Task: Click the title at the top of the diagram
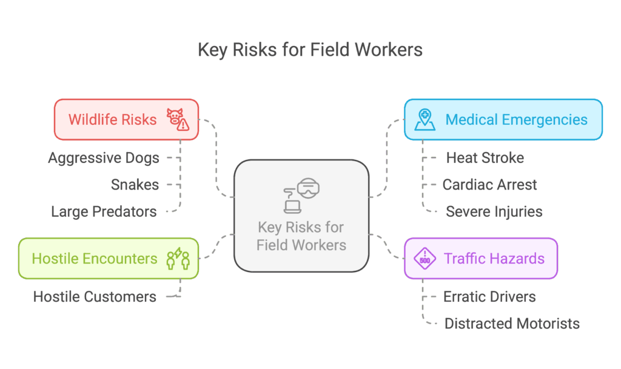pyautogui.click(x=310, y=50)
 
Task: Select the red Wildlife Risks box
pyautogui.click(x=126, y=119)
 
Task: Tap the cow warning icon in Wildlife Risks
pyautogui.click(x=178, y=119)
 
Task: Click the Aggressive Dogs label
pyautogui.click(x=104, y=158)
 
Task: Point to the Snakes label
pyautogui.click(x=135, y=185)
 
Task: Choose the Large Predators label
pyautogui.click(x=104, y=211)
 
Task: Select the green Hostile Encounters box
pyautogui.click(x=108, y=259)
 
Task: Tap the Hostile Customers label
pyautogui.click(x=95, y=297)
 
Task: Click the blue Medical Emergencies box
pyautogui.click(x=503, y=119)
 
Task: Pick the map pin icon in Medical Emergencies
pyautogui.click(x=425, y=119)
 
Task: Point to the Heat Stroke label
pyautogui.click(x=485, y=158)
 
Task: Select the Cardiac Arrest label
pyautogui.click(x=489, y=185)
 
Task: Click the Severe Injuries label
pyautogui.click(x=494, y=211)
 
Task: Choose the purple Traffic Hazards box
pyautogui.click(x=480, y=259)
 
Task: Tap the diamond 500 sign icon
pyautogui.click(x=425, y=259)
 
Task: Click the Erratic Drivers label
pyautogui.click(x=489, y=297)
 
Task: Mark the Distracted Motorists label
pyautogui.click(x=512, y=324)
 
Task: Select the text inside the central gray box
pyautogui.click(x=301, y=236)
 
